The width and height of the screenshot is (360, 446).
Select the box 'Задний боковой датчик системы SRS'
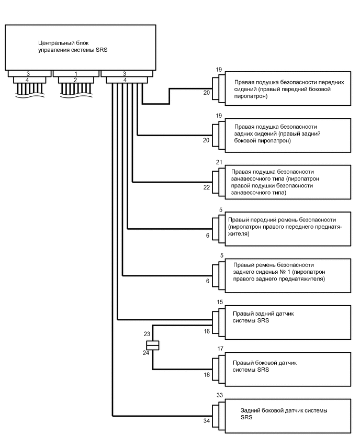286,414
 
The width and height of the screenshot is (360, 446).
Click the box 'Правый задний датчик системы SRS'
286,317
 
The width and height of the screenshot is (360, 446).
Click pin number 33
219,396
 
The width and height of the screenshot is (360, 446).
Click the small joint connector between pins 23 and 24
153,345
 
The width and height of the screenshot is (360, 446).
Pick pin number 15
220,302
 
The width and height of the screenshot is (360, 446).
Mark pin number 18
208,375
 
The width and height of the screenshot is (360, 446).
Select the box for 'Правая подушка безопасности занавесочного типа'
286,182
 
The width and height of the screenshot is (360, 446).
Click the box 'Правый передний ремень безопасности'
286,227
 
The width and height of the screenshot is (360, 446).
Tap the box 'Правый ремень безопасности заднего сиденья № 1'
286,272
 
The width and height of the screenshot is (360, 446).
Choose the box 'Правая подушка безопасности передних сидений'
286,89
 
